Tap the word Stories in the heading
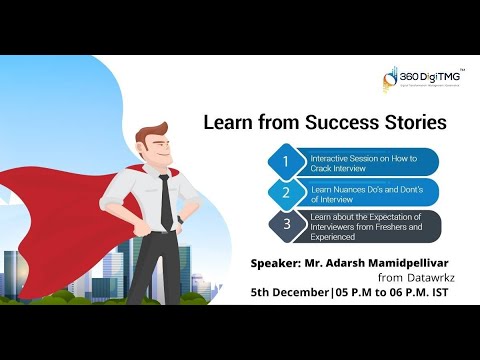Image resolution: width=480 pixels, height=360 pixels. (410, 124)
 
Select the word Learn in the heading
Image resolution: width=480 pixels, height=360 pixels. (230, 124)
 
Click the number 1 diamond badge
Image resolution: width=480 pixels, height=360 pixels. (285, 161)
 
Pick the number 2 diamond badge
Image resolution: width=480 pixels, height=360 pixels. (285, 192)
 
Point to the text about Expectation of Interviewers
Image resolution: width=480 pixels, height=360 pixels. (368, 224)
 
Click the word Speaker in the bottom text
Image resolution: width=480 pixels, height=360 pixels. (284, 264)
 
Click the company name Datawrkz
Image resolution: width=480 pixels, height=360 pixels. (415, 279)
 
